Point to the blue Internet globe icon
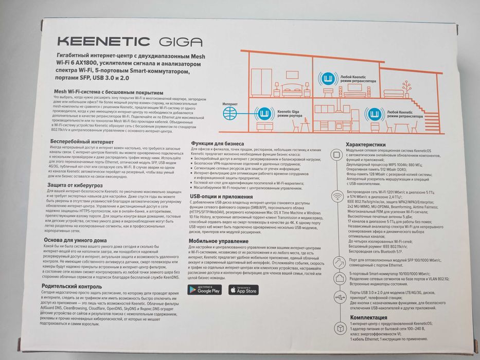230,112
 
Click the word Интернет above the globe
230,103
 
